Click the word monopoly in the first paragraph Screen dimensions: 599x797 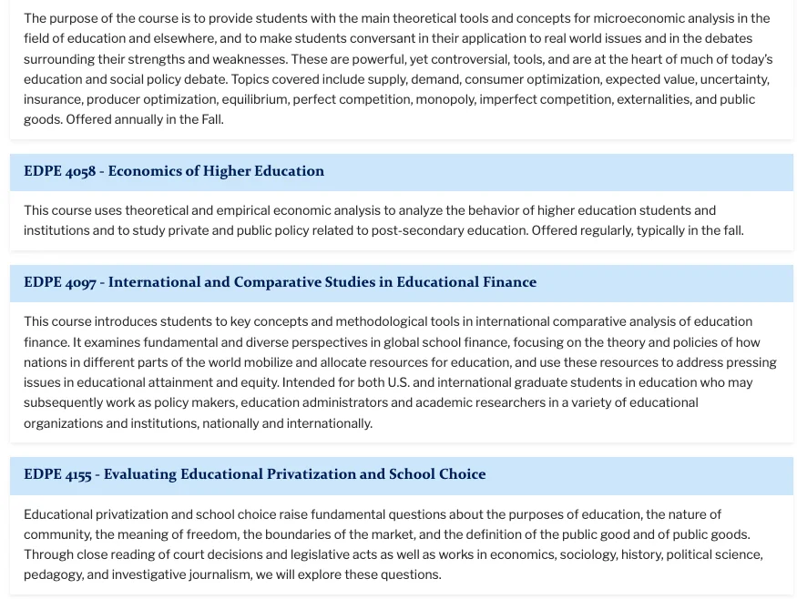click(x=444, y=99)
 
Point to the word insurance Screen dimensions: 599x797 click(x=51, y=99)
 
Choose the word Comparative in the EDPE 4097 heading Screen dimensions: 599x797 click(x=277, y=282)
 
